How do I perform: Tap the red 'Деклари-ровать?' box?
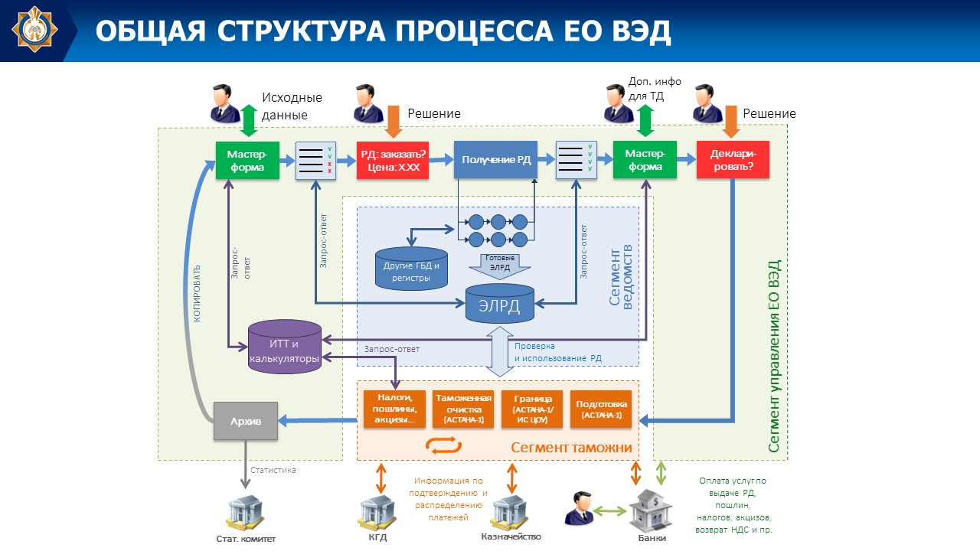pyautogui.click(x=732, y=160)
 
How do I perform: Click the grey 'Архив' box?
pyautogui.click(x=245, y=421)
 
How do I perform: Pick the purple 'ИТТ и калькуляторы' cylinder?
pyautogui.click(x=285, y=347)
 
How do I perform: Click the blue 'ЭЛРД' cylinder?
pyautogui.click(x=500, y=305)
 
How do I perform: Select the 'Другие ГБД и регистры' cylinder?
pyautogui.click(x=411, y=269)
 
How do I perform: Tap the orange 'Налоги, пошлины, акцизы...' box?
pyautogui.click(x=395, y=409)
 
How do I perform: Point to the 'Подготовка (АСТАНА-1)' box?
pyautogui.click(x=601, y=409)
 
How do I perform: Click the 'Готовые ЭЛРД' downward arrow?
pyautogui.click(x=500, y=262)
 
